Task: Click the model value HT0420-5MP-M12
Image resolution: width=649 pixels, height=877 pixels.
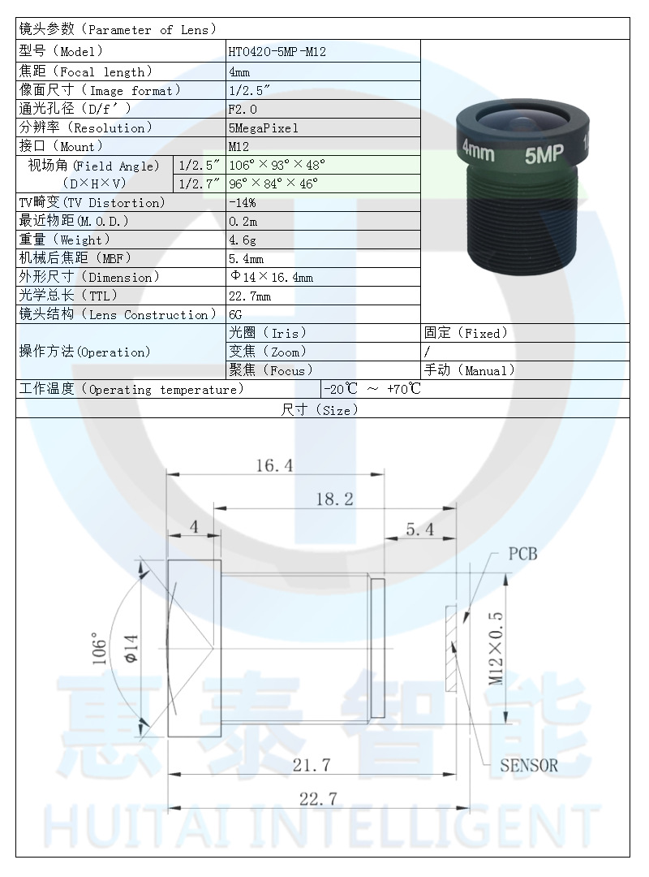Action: (x=277, y=52)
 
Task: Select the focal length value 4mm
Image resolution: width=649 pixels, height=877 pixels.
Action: (x=239, y=71)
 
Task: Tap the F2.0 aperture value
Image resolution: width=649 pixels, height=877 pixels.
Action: (x=243, y=109)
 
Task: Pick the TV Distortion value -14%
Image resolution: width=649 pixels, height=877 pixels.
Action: (x=242, y=202)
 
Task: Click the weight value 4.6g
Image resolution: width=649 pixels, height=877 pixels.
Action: (x=242, y=240)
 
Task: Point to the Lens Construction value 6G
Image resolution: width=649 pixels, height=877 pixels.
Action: (x=236, y=314)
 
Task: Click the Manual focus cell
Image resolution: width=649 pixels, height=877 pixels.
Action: (x=470, y=370)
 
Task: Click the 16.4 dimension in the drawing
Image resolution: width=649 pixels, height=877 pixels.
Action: (x=274, y=465)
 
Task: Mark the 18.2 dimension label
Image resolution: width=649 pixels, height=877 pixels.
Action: (x=334, y=499)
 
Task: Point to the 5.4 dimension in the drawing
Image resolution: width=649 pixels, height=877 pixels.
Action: (x=419, y=529)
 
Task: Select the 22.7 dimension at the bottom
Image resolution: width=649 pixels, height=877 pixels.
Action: (x=317, y=799)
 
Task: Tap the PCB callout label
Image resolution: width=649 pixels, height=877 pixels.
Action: (x=522, y=555)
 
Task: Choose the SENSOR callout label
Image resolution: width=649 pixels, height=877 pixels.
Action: (x=528, y=765)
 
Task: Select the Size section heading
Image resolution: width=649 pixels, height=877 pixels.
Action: (x=320, y=410)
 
